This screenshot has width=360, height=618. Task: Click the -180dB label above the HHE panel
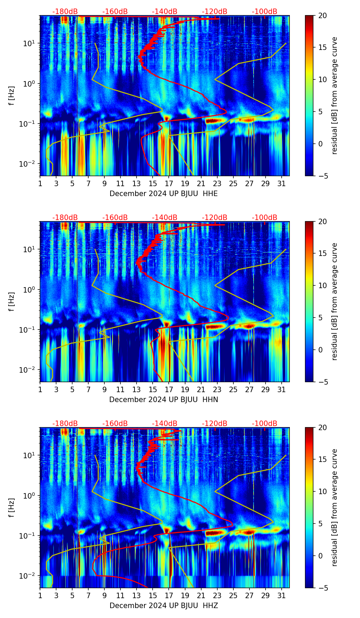[65, 12]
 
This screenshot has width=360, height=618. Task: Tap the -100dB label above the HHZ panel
[265, 424]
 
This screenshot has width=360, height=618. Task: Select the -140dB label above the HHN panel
[165, 218]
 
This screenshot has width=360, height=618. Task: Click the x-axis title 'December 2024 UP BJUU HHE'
[164, 194]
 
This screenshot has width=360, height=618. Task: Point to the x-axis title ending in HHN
[164, 400]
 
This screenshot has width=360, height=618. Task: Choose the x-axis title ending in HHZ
[164, 606]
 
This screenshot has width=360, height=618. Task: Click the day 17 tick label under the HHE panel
[169, 183]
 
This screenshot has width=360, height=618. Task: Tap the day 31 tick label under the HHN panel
[282, 389]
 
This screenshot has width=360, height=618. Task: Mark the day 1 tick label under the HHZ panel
[40, 595]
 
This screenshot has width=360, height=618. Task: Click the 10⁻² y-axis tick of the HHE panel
[30, 164]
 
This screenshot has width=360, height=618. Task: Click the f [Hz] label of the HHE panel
[12, 95]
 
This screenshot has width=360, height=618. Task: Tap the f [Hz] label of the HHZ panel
[12, 507]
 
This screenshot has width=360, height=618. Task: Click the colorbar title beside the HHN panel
[335, 301]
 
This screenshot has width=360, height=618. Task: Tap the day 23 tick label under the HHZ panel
[217, 595]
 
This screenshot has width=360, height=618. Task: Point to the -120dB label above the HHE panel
[215, 12]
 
